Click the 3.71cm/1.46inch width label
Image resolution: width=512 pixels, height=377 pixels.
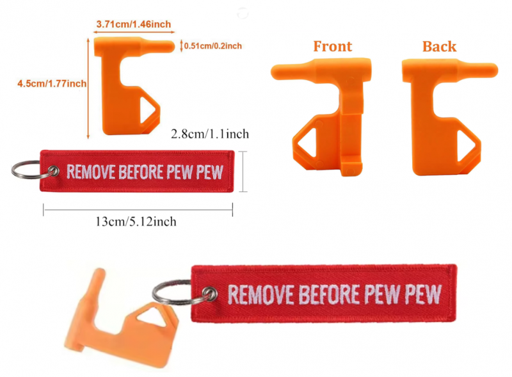coord(134,24)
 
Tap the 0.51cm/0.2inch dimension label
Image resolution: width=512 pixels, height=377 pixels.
coord(213,45)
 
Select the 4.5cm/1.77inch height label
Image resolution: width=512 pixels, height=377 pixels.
coord(52,84)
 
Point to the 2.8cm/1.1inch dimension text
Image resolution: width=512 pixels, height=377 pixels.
coord(210,134)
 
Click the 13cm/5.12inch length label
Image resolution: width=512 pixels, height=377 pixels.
coord(136,222)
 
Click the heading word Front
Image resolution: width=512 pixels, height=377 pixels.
coord(333,46)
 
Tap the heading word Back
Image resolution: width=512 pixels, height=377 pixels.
coord(439,47)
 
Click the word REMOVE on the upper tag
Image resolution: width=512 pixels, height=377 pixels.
coord(90,172)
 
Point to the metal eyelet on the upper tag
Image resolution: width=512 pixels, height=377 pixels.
coord(53,171)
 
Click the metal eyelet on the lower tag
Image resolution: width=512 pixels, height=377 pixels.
coord(209,293)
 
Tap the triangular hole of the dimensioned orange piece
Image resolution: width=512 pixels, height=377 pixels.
coord(147,109)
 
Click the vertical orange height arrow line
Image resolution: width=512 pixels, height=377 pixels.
coord(88,88)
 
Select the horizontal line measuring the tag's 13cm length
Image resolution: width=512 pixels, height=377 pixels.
coord(138,209)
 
